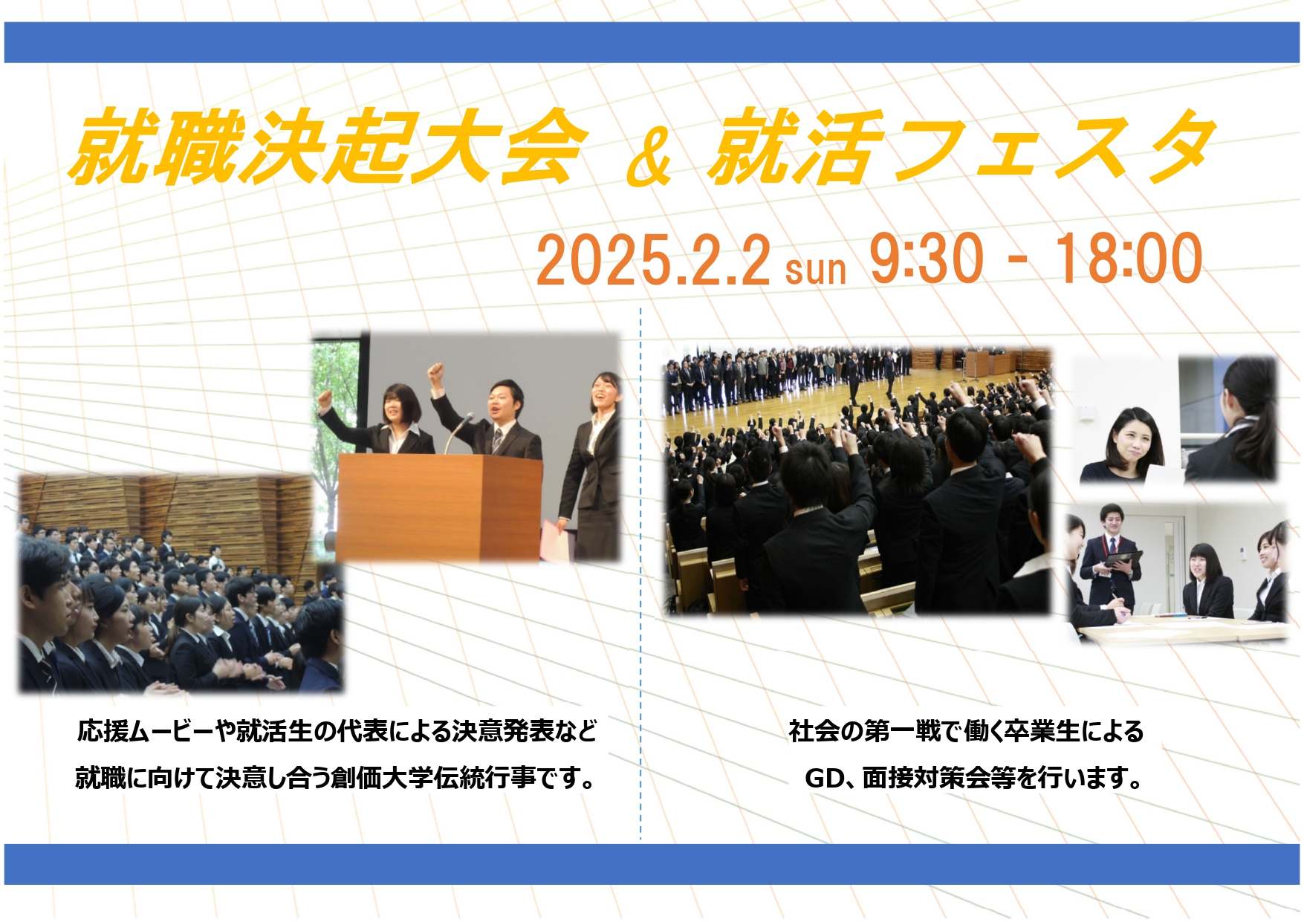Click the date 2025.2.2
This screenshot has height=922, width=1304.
tap(653, 259)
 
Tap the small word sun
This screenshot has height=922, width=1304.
tap(816, 269)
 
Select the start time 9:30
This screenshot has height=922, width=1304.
tap(926, 258)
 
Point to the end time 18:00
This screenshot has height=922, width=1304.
tap(1128, 258)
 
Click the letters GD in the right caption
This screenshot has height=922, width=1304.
tap(824, 778)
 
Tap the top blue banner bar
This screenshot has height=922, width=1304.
tap(652, 42)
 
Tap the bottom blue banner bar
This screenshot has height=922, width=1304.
tap(652, 864)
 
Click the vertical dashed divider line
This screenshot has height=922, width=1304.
tap(640, 572)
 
